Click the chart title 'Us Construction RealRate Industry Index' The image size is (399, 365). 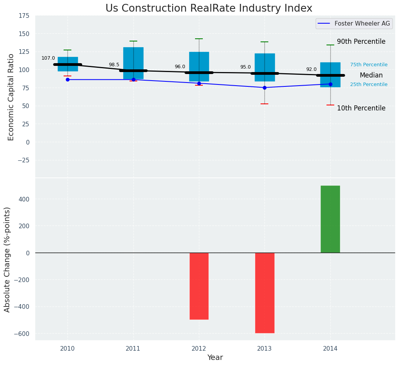pos(209,9)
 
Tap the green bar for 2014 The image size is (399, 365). pos(330,219)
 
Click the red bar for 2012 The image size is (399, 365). pos(199,286)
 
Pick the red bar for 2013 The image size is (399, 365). pos(264,293)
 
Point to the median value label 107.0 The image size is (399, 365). pos(48,58)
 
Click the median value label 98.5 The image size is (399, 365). pos(114,65)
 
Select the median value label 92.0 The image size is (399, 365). pos(311,69)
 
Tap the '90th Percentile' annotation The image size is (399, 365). pos(361,41)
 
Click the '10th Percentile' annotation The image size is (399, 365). pos(361,108)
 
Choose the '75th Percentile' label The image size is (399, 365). pos(369,65)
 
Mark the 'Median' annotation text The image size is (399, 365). pos(371,76)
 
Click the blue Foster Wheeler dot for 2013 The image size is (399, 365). pos(264,88)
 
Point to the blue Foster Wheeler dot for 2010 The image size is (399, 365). pos(67,79)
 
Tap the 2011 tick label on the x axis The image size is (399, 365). pos(133,348)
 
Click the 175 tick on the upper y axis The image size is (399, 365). pos(24,15)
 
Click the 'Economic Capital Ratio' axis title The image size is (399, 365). pos(11,97)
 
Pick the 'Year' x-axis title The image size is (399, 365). pos(215,358)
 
